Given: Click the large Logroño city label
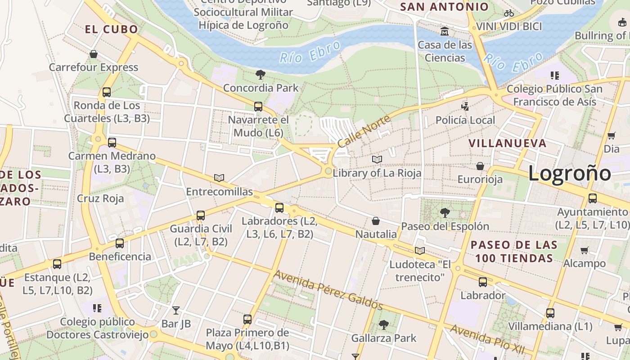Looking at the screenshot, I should point(569,173).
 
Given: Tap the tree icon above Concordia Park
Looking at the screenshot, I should point(260,75).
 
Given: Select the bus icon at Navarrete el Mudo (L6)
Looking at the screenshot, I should point(258,107).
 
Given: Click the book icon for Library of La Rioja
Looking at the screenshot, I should point(377,160).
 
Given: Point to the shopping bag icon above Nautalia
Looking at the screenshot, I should point(376,221).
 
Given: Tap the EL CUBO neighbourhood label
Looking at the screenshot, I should point(112,30).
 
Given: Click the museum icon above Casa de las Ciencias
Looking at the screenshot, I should point(445,31).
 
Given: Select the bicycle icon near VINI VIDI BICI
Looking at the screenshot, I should point(509,13).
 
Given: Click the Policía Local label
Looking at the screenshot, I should point(465,120).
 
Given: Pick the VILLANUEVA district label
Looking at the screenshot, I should point(508,144).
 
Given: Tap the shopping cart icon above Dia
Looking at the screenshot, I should point(611,135).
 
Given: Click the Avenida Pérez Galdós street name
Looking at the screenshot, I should point(328,290).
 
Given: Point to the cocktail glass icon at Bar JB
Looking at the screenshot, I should point(176,310).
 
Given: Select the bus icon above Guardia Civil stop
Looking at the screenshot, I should point(201,216).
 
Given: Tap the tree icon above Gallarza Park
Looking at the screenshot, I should point(384,324).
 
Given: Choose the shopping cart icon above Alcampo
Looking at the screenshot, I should point(584,250).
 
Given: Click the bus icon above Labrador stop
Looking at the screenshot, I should point(483,282).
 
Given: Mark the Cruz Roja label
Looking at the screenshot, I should point(100,198).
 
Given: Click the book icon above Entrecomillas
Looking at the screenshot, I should point(219,178).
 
